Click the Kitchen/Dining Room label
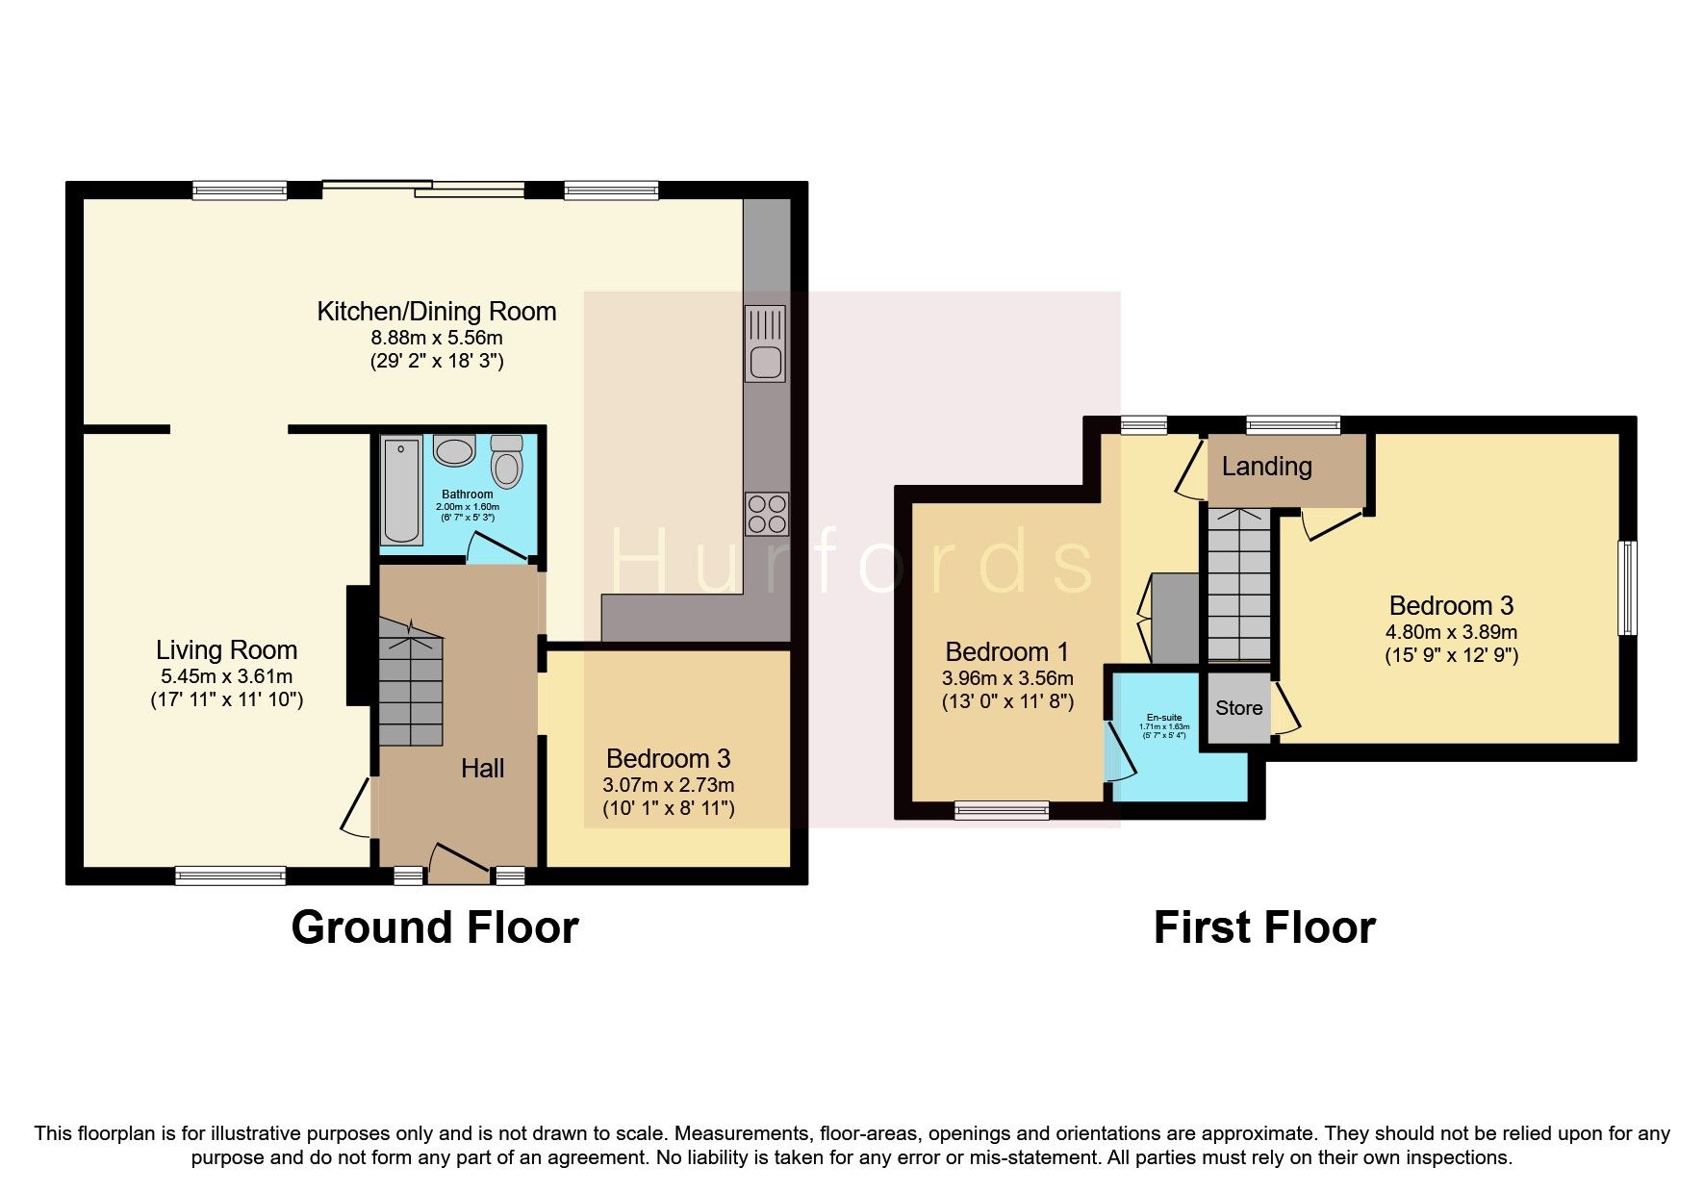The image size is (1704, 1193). coord(437,312)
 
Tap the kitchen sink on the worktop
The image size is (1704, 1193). coord(766,343)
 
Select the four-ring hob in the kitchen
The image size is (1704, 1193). coord(766,513)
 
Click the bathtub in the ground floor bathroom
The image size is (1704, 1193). coord(400,491)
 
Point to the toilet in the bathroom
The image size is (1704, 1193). coord(506,461)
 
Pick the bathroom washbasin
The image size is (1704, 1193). coord(454,450)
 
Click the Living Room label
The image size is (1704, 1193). coord(227,650)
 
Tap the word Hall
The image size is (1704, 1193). coord(482,768)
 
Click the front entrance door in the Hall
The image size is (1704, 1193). coord(458,863)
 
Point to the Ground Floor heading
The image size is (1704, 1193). coord(434,927)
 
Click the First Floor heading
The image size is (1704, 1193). coord(1263,927)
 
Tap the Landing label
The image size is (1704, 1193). coord(1266,467)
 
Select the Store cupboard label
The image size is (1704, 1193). coord(1238,708)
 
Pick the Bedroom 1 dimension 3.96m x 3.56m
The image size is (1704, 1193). coord(1007,678)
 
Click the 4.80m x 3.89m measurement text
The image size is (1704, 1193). coord(1450,632)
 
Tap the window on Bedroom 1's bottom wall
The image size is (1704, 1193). coord(1002,811)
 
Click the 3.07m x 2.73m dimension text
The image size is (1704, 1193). coord(668,785)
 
